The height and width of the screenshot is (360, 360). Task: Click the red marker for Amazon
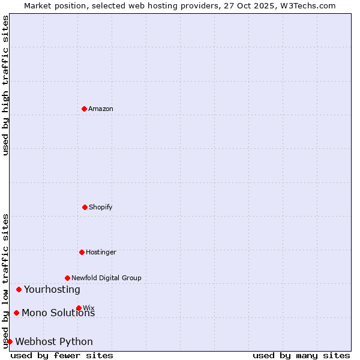pos(84,109)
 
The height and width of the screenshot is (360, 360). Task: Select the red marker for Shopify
pos(85,207)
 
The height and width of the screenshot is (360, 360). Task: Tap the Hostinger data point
pos(82,252)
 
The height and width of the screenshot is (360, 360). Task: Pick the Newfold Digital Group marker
pos(67,278)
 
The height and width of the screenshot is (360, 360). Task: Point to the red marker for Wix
pos(79,308)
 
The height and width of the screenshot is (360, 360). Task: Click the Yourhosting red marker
pos(19,289)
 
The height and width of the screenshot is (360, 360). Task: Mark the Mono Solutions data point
pos(16,313)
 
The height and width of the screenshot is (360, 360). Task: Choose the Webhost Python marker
pos(10,341)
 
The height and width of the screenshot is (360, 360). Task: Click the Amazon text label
pos(101,109)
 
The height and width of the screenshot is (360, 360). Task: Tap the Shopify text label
pos(101,207)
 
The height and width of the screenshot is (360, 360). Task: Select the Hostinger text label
pos(101,252)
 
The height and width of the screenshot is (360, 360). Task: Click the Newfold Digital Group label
pos(106,278)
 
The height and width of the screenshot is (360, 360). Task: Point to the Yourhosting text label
pos(52,289)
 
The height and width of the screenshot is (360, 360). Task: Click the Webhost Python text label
pos(54,341)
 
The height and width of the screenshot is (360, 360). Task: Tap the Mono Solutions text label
pos(58,313)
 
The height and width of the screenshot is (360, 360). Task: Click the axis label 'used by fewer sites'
pos(62,355)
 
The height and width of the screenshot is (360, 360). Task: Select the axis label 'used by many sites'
pos(301,355)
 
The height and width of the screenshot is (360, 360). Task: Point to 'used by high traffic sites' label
pos(5,85)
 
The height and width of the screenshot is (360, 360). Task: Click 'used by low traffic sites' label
pos(5,281)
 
